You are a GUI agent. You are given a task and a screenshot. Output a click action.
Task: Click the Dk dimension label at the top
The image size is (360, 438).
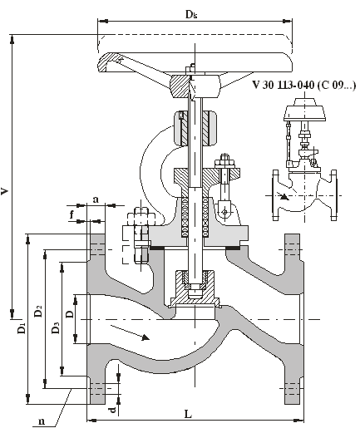(191, 14)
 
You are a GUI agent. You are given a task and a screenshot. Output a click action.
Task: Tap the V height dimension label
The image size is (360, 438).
(4, 191)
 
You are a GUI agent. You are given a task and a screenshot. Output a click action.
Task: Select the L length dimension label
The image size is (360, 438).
(189, 414)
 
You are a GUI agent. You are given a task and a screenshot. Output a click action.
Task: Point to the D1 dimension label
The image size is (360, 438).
(22, 328)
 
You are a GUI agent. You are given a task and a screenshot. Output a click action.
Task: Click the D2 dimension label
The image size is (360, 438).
(38, 311)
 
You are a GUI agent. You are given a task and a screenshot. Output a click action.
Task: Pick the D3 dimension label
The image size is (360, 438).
(56, 327)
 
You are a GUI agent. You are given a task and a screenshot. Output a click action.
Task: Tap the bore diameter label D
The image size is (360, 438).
(70, 314)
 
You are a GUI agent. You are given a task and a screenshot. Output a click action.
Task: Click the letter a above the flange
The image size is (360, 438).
(96, 199)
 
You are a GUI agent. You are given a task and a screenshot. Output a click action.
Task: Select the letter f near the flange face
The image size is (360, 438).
(72, 214)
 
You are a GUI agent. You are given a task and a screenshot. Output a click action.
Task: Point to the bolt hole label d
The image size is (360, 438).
(112, 410)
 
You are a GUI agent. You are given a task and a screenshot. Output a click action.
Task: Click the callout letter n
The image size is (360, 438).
(42, 421)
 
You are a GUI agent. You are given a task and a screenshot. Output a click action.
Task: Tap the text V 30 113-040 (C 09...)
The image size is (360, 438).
(304, 85)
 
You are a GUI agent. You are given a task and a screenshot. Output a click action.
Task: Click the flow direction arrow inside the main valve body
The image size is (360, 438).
(131, 332)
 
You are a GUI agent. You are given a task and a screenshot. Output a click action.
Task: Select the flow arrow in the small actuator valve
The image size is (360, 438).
(283, 195)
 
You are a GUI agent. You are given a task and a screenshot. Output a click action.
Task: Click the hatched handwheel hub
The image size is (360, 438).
(180, 86)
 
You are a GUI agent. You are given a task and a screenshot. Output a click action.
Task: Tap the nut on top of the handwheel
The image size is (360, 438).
(190, 69)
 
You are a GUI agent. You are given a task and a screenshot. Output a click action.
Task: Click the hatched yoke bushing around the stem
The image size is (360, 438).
(195, 129)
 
